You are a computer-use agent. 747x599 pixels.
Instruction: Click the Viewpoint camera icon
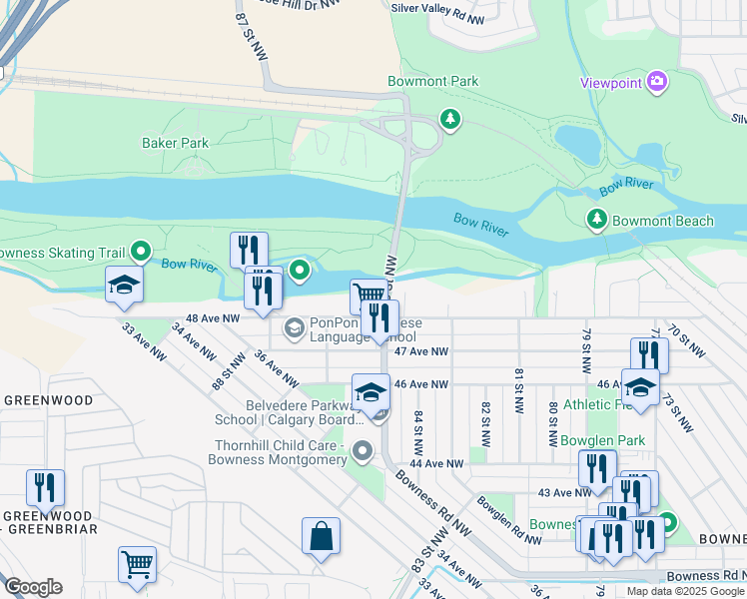click(x=657, y=81)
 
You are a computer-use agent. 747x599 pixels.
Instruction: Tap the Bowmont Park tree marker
click(x=451, y=120)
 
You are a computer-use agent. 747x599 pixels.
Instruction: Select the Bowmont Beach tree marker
click(x=597, y=219)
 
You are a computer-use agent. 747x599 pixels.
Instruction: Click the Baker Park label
click(x=175, y=143)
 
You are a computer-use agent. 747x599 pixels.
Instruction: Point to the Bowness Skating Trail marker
click(x=141, y=253)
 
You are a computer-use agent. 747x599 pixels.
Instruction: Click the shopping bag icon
click(x=322, y=536)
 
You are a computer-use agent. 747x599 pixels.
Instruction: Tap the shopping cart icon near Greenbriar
click(x=137, y=563)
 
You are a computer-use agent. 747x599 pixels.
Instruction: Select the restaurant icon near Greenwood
click(x=45, y=487)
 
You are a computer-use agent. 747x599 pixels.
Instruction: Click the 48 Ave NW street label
click(x=215, y=318)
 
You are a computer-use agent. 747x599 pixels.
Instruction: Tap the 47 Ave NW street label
click(x=421, y=351)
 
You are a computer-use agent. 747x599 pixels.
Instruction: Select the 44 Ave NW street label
click(x=436, y=464)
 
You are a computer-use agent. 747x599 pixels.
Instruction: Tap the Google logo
click(x=33, y=587)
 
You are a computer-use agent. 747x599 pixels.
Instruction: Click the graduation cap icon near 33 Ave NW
click(x=125, y=286)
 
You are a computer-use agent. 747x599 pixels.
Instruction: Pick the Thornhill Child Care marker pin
click(x=364, y=452)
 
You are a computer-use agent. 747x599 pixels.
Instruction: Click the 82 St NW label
click(x=485, y=416)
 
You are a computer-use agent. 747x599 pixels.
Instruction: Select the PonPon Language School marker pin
click(x=295, y=326)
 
